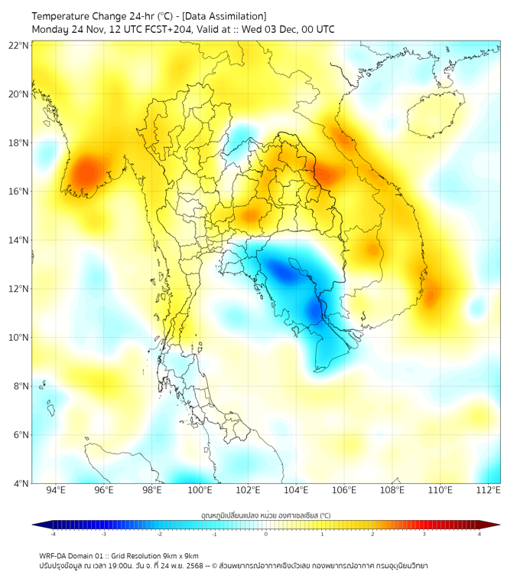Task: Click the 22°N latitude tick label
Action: pos(19,46)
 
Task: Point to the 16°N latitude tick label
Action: pos(19,191)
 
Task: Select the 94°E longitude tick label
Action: pos(56,490)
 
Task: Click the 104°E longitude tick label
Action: pos(296,490)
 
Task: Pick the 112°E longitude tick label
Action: pos(489,490)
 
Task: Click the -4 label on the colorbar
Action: pos(52,534)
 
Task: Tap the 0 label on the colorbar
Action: pos(266,534)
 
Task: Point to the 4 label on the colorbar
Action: pos(479,534)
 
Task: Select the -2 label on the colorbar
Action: pos(159,534)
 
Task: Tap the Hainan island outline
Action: pos(432,115)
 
